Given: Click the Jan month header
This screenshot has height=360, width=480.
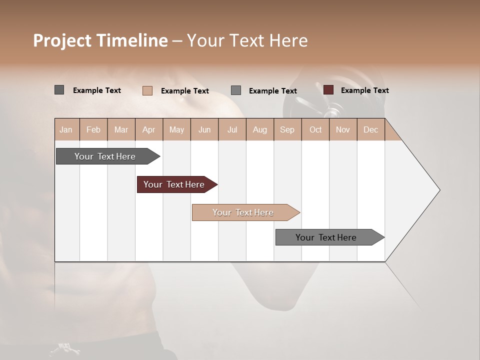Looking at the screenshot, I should [x=66, y=130].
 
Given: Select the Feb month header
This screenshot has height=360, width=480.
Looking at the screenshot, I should [x=93, y=130].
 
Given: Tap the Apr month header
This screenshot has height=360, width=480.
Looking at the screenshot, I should [x=149, y=130].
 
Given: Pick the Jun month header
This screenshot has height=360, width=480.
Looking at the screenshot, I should [x=204, y=130].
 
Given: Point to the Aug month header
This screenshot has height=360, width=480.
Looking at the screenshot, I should [x=260, y=130].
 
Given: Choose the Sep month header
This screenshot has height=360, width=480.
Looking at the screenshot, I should [x=287, y=130].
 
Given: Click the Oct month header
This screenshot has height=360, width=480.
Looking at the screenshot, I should [x=315, y=130].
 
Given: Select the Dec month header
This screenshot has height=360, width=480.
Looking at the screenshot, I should [x=371, y=130].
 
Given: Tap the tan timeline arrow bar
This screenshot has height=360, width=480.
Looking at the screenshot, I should [x=243, y=212].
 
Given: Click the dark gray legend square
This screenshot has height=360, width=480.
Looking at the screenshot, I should [x=59, y=90].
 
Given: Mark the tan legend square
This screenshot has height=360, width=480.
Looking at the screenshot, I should [x=147, y=90].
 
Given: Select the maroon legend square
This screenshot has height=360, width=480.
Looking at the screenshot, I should [x=328, y=90].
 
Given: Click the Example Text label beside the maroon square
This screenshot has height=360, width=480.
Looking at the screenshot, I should [x=365, y=90].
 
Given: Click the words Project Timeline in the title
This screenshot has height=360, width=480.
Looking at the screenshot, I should [x=100, y=40].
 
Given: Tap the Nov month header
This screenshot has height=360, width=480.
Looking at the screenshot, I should [x=343, y=130].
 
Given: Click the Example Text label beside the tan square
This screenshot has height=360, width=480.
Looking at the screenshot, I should [x=185, y=91].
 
